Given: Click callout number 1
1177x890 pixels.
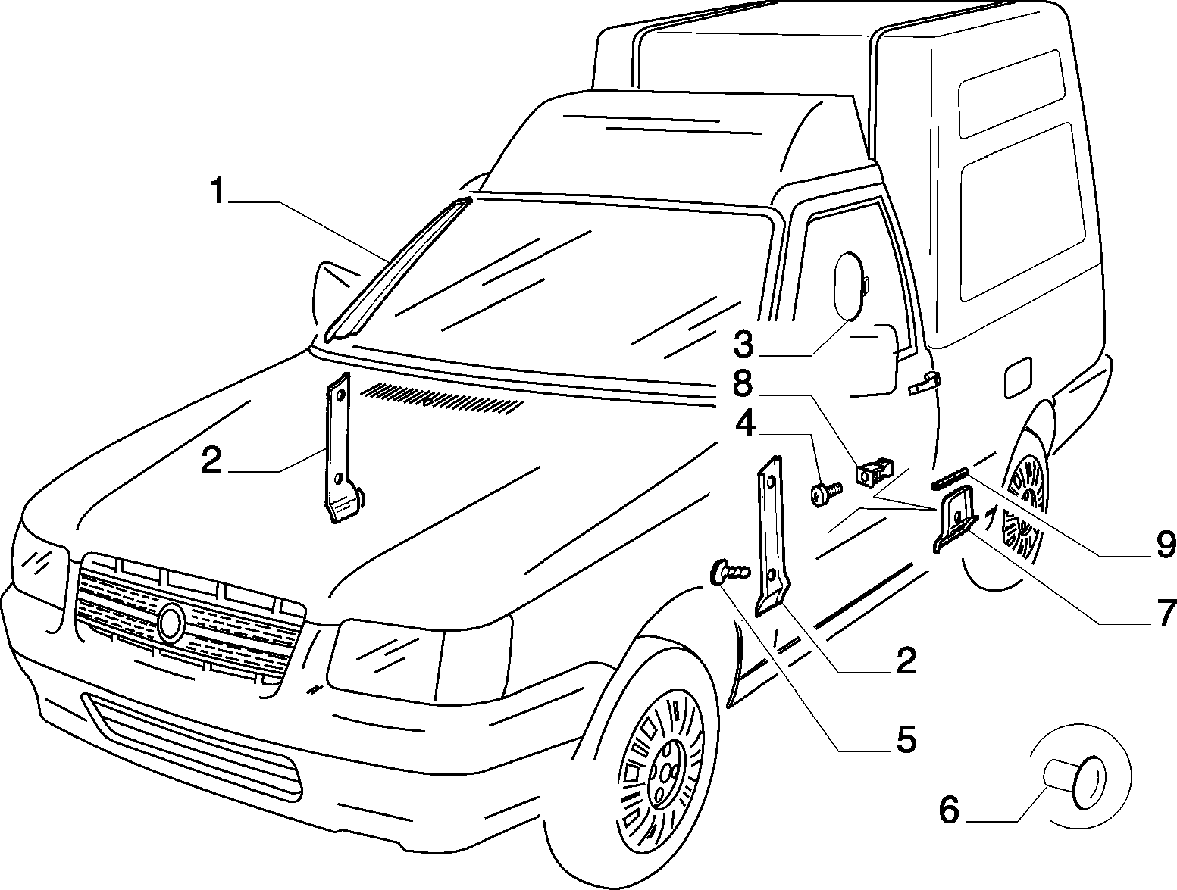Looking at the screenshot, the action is (x=218, y=191).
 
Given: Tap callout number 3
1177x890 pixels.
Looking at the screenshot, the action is (x=743, y=345).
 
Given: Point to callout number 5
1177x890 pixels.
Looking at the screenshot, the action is (x=906, y=740).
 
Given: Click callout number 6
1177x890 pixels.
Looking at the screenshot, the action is (x=949, y=810).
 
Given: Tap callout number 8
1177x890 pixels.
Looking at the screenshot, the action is (x=743, y=384).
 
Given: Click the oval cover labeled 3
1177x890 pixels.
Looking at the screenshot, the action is (x=850, y=286).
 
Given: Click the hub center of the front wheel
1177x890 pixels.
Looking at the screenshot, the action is (x=666, y=777).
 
